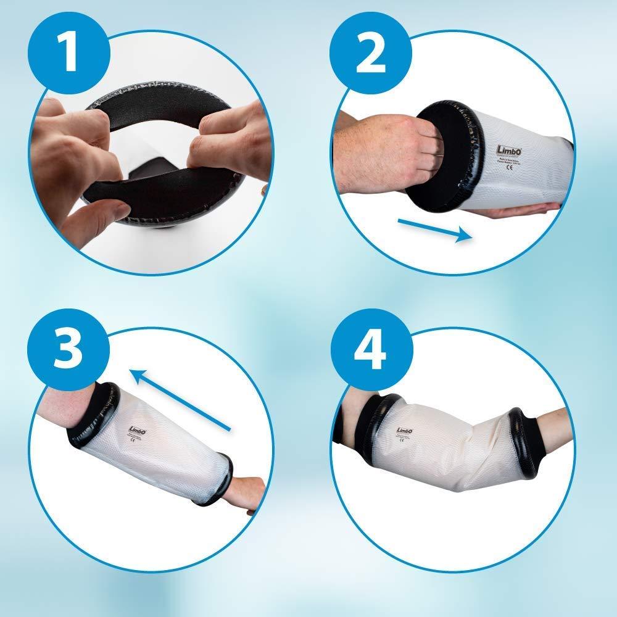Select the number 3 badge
(65, 350)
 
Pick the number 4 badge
(369, 350)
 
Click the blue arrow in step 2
(435, 230)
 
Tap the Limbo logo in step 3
(138, 430)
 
